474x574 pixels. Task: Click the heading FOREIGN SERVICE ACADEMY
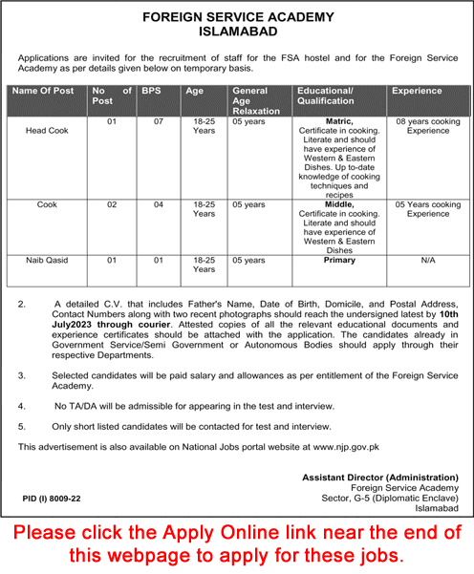click(236, 17)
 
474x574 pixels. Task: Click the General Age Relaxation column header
click(256, 100)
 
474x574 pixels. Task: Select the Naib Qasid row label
click(47, 260)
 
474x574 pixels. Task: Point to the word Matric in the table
click(338, 122)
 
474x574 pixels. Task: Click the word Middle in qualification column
click(338, 204)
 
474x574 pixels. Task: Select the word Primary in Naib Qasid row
click(338, 259)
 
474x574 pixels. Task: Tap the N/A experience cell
click(427, 260)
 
